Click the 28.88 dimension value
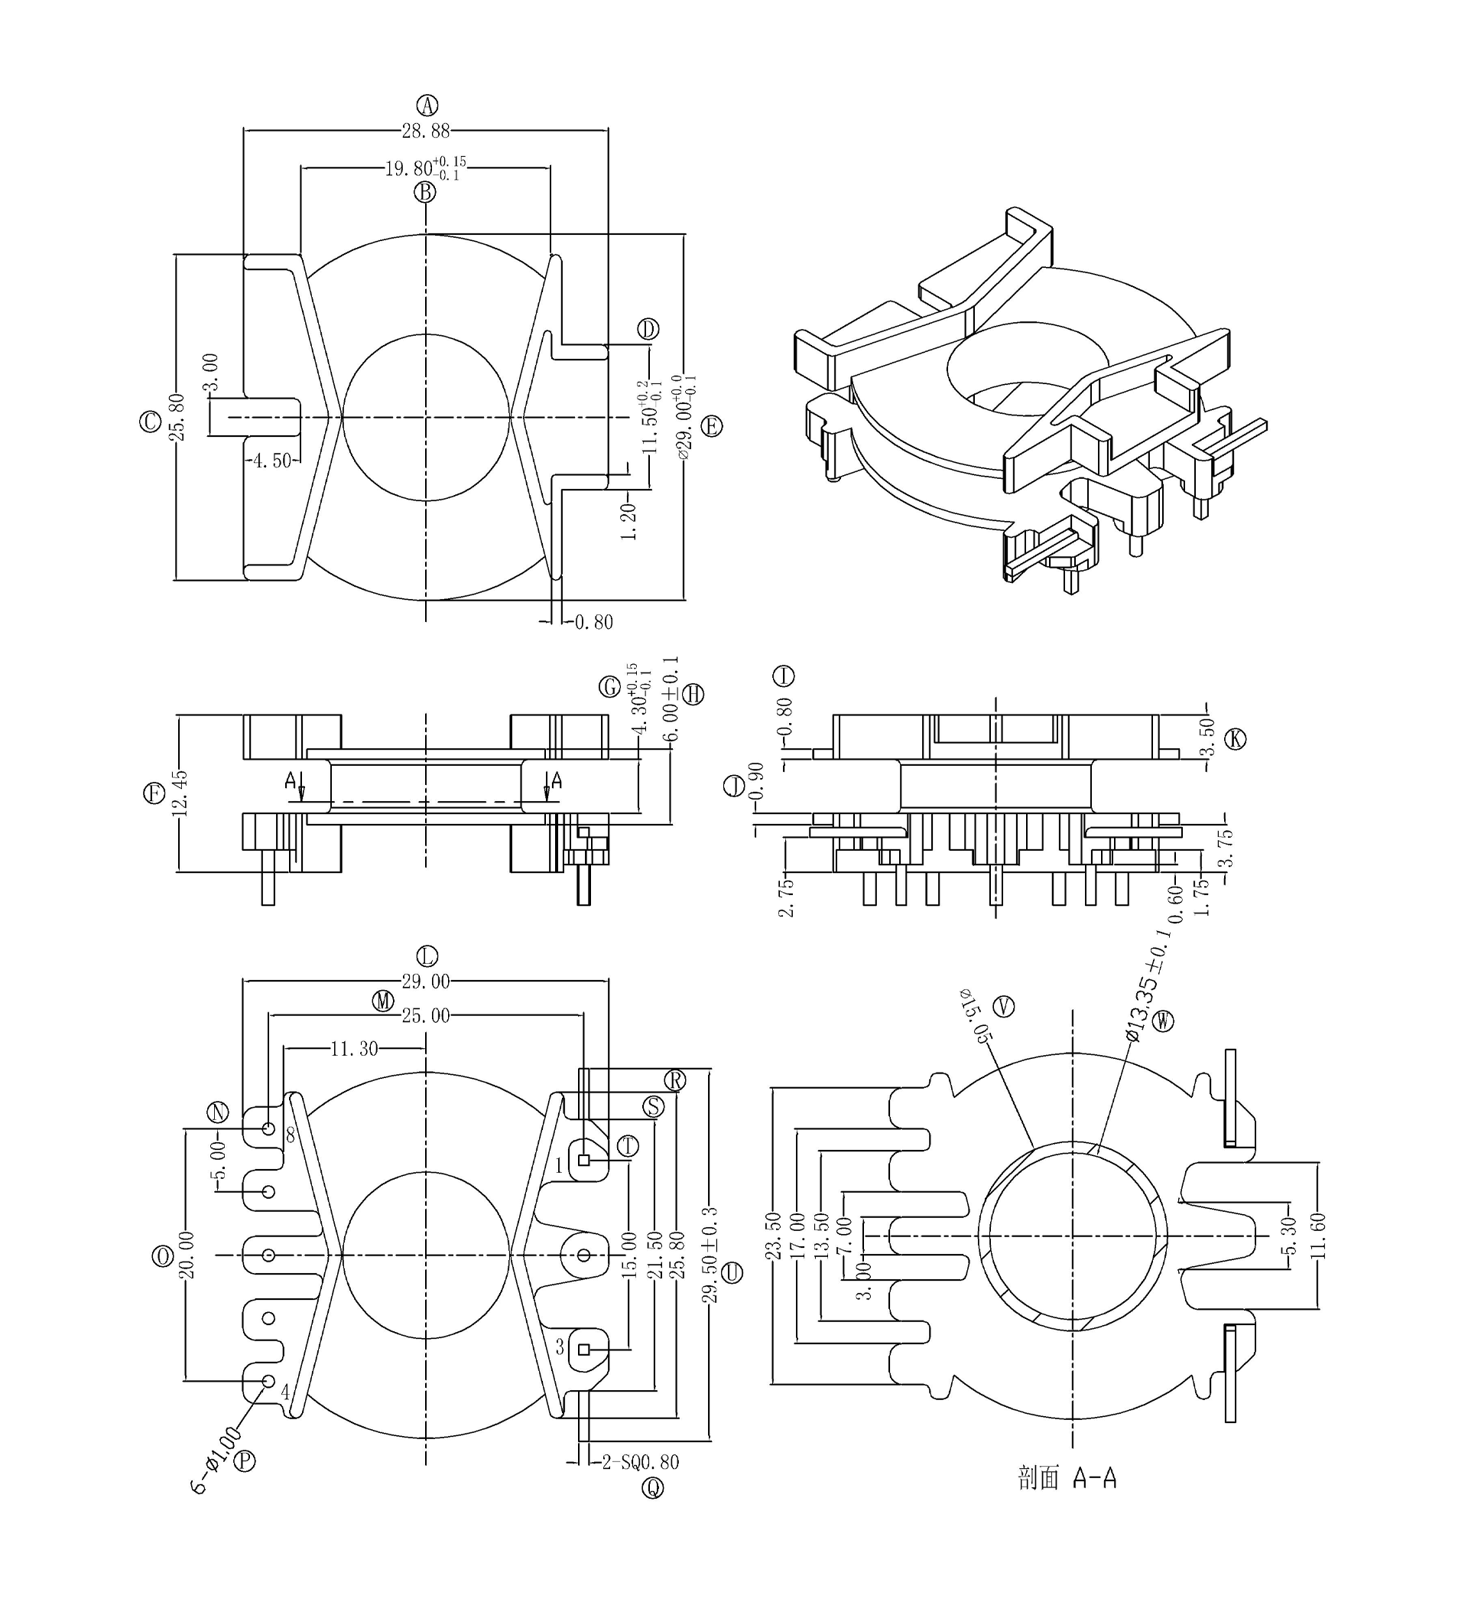(427, 131)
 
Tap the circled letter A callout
(427, 105)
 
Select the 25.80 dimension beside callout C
(177, 416)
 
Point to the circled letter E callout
(712, 426)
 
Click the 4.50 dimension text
(271, 461)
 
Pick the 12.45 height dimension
(180, 793)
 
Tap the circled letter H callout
(693, 695)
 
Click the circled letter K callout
(1235, 739)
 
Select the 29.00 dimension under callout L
(426, 982)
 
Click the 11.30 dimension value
(354, 1049)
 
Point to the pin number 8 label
(291, 1135)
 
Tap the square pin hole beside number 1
(584, 1161)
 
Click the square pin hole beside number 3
(584, 1349)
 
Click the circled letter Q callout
(653, 1488)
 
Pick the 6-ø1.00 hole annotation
(215, 1460)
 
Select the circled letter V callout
(1005, 1007)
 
